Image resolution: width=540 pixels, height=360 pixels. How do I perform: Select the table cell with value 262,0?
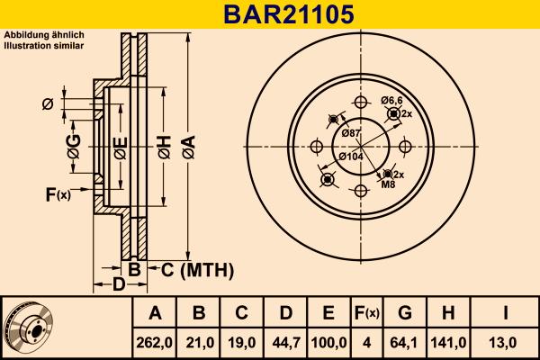154,342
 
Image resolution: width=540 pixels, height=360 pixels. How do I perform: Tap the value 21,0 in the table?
198,342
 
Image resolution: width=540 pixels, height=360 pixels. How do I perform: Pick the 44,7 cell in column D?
284,342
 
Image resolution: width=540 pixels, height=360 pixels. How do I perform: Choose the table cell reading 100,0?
328,342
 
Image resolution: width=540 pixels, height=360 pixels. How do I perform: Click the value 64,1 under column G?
405,342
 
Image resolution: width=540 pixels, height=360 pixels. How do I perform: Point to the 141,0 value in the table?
449,342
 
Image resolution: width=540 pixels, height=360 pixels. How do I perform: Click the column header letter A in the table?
154,313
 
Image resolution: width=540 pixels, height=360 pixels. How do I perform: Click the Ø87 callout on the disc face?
352,134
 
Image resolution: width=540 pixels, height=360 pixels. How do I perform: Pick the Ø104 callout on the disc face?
351,157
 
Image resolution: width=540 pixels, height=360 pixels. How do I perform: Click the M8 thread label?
388,184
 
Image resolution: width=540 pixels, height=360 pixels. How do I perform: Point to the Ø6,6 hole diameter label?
391,100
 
